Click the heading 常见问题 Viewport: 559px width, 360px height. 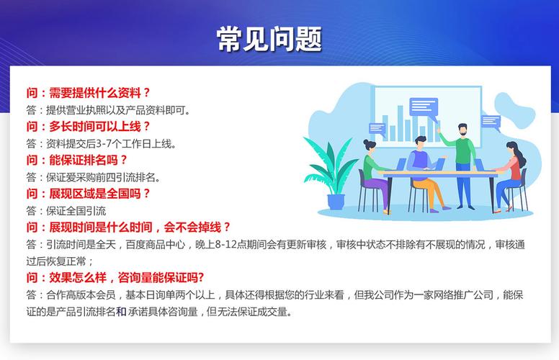click(269, 39)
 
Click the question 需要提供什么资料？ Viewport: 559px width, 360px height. click(88, 93)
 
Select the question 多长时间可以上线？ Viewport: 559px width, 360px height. click(88, 126)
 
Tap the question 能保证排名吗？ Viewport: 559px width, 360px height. click(76, 160)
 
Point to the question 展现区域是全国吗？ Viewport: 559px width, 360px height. click(88, 194)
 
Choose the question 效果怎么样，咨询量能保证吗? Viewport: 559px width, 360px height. click(115, 277)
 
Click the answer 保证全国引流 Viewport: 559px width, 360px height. click(66, 211)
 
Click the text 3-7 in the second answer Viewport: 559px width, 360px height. click(104, 144)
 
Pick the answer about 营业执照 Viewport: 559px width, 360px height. click(108, 110)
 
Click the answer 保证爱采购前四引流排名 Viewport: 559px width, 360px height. click(93, 177)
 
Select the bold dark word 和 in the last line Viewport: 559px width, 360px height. click(121, 312)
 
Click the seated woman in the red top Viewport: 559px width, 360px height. click(511, 176)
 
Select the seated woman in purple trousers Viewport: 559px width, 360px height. click(376, 176)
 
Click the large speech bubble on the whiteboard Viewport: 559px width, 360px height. click(423, 108)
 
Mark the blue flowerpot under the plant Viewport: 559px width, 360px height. click(336, 202)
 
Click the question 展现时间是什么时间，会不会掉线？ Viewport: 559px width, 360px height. click(128, 227)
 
